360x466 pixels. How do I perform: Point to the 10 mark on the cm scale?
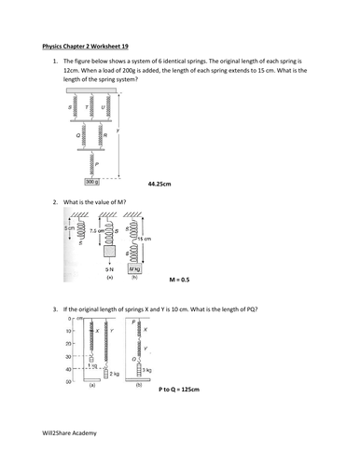click(68, 331)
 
